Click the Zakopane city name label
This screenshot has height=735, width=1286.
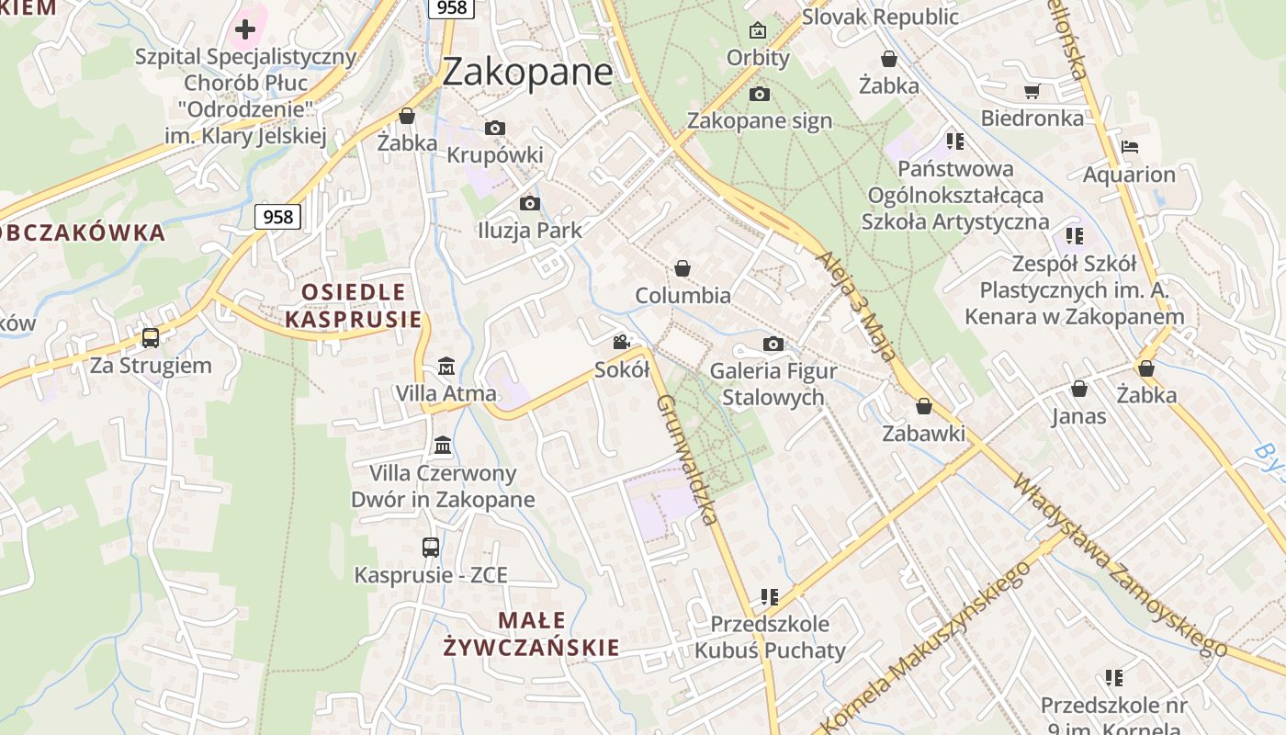pos(527,73)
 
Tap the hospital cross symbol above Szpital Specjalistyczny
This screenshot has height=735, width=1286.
pos(244,29)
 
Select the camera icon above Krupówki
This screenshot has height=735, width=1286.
pos(495,128)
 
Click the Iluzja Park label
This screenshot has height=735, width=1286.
pos(530,230)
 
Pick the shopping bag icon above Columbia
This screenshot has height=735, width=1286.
pos(682,268)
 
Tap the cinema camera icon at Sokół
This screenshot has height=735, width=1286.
pos(622,343)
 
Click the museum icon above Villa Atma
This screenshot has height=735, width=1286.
pos(446,366)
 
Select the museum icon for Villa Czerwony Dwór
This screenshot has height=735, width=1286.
pos(443,445)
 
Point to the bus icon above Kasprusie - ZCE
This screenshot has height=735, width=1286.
pos(431,548)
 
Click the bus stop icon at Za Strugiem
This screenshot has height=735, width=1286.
pos(151,338)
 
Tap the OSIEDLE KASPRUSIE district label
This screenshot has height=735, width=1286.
pos(354,306)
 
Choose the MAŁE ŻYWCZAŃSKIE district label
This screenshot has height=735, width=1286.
pos(532,634)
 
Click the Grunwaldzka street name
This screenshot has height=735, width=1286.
pos(686,459)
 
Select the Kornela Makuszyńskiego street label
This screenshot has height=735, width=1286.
pos(928,643)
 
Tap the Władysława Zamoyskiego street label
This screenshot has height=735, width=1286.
pos(1121,566)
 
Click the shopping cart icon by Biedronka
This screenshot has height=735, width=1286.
pos(1032,91)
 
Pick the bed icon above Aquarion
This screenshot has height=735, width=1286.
pos(1130,147)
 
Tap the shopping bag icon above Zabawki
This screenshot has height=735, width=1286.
pos(924,406)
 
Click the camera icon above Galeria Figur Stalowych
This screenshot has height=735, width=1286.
pos(773,345)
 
